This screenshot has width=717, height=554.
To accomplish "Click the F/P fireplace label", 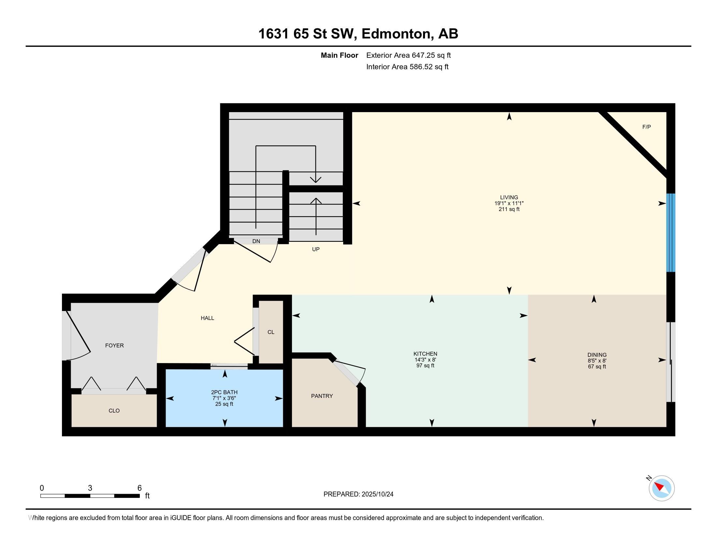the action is pos(646,127).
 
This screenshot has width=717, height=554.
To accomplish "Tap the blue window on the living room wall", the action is pos(670,233).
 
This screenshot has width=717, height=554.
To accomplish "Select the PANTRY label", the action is pos(322,396).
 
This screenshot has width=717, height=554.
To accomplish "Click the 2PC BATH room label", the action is pos(224,392).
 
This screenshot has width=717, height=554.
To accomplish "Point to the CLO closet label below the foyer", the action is pos(114,411).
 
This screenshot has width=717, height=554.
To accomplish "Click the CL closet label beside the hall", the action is pos(271,332).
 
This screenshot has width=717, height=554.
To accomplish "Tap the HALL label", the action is pos(208,318).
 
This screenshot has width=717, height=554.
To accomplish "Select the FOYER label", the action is pos(114,345).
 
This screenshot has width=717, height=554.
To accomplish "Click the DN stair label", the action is pos(256,241).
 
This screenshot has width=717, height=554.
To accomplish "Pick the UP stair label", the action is pos(316,249).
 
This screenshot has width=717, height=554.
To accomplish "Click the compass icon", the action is pos(662,488).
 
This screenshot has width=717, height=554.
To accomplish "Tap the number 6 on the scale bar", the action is pos(139,488).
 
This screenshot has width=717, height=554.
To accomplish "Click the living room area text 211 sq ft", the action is pos(509,210).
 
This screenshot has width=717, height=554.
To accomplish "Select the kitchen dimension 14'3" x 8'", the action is pos(425,360).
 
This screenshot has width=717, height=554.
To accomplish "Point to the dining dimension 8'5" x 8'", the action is pos(597,361).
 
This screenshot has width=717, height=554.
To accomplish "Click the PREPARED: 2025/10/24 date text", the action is pos(358,494).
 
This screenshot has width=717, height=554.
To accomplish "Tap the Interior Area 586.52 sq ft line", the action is pos(407,67).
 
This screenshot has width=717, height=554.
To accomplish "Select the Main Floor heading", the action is pos(340,55).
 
